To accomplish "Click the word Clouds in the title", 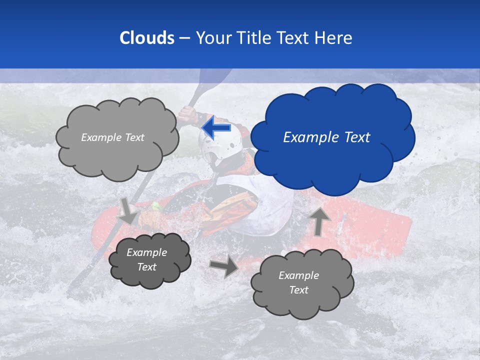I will tap(146, 38).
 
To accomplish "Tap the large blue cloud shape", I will tap(332, 137).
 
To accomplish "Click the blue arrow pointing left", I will tap(216, 127).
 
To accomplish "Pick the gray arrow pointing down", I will tap(127, 210).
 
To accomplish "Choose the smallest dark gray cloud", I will tap(149, 259).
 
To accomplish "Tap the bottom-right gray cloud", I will tap(301, 283).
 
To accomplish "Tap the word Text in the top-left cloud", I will tap(134, 137).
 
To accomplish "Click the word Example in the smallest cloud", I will tap(147, 252).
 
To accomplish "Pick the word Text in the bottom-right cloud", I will tap(298, 290).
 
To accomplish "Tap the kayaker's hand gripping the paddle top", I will tap(188, 114).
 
